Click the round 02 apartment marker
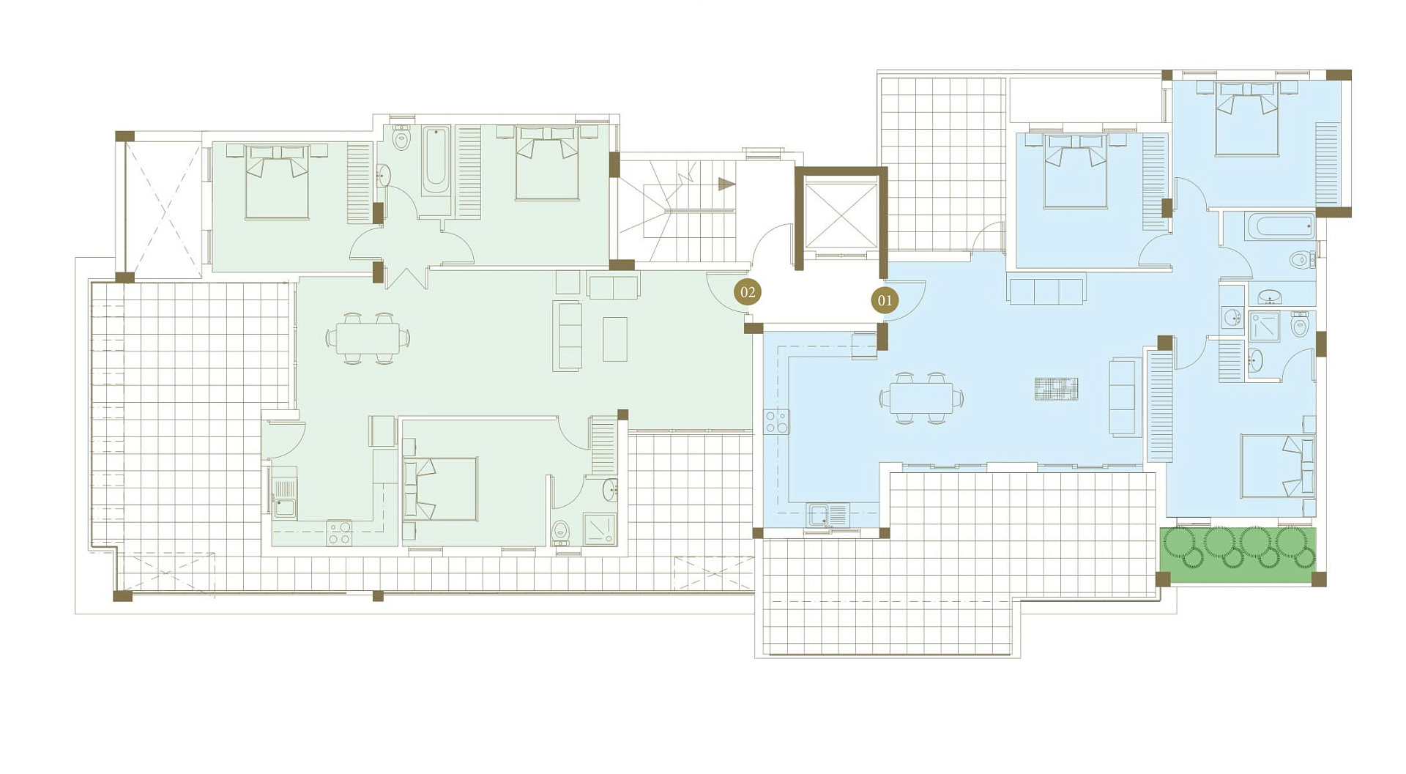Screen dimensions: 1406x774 [x=748, y=293]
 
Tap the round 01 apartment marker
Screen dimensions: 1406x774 [x=885, y=300]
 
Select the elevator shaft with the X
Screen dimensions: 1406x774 [x=841, y=218]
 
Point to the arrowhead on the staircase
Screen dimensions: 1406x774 [x=726, y=184]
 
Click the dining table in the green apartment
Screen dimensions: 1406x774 [x=368, y=338]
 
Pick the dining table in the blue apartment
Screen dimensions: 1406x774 [x=921, y=398]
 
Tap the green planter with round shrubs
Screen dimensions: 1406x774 [x=1238, y=555]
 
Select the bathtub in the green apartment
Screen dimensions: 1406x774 [x=436, y=160]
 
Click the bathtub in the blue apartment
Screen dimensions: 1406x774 [x=1281, y=226]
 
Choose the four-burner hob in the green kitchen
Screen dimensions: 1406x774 [x=339, y=532]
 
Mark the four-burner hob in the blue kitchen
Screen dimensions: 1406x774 [x=776, y=422]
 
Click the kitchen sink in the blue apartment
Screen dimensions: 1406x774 [x=827, y=515]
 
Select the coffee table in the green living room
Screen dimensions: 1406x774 [x=615, y=339]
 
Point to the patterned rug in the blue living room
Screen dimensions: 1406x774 [x=1056, y=389]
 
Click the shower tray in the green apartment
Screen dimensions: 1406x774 [x=600, y=529]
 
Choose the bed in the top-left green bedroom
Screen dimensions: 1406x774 [x=277, y=181]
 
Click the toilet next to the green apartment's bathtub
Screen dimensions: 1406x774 [x=401, y=138]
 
